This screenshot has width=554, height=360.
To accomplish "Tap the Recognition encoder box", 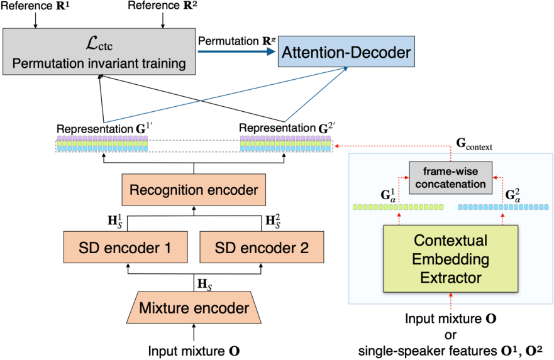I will point(194,189).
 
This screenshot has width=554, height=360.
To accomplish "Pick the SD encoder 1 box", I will point(125,247).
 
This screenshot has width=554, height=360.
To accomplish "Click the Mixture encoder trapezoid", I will point(194,308).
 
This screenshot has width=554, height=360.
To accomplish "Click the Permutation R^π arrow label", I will point(236,40).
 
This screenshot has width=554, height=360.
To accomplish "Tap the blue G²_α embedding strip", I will point(504,206).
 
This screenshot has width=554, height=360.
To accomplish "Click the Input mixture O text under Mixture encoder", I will point(194,350).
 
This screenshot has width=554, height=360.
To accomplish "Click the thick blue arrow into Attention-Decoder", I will point(236,53).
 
